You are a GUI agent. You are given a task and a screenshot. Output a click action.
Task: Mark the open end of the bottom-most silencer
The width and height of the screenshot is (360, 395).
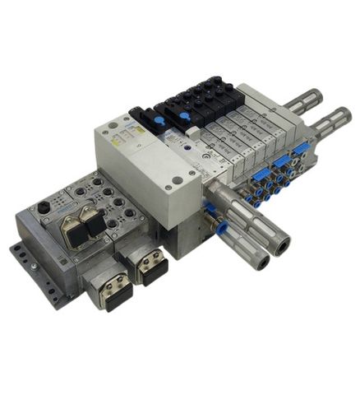pos(261,262)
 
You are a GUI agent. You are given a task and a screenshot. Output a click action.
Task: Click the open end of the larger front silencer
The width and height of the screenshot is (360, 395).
pos(282,244)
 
